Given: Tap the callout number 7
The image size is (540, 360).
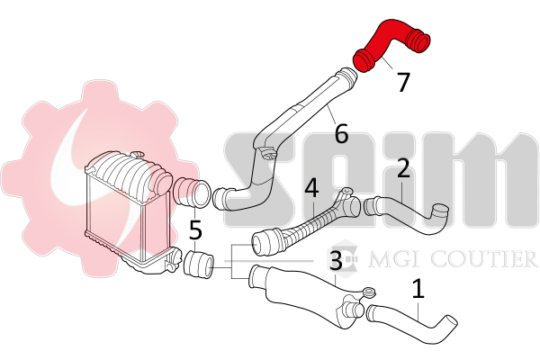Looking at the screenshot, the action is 403,82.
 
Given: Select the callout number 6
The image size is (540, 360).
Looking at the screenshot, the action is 341,133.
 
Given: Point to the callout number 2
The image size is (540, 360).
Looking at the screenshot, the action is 403,167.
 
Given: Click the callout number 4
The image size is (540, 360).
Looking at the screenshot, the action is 311,188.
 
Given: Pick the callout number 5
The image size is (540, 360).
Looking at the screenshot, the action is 195,229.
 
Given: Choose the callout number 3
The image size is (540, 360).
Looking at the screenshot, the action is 336,260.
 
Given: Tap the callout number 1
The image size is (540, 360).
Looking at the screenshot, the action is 418,289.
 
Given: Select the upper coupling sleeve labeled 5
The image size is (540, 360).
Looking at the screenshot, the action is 191,193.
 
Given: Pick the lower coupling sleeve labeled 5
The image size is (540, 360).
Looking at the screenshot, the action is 199,265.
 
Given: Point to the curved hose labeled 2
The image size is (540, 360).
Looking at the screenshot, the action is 407,215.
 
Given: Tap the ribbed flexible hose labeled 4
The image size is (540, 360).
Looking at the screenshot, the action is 303,224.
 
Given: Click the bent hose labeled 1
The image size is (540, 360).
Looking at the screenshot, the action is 413,322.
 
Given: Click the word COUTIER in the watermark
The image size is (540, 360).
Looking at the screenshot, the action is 483,259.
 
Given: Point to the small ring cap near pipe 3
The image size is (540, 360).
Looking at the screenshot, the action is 370,293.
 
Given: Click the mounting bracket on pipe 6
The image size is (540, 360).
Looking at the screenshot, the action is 267,154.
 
